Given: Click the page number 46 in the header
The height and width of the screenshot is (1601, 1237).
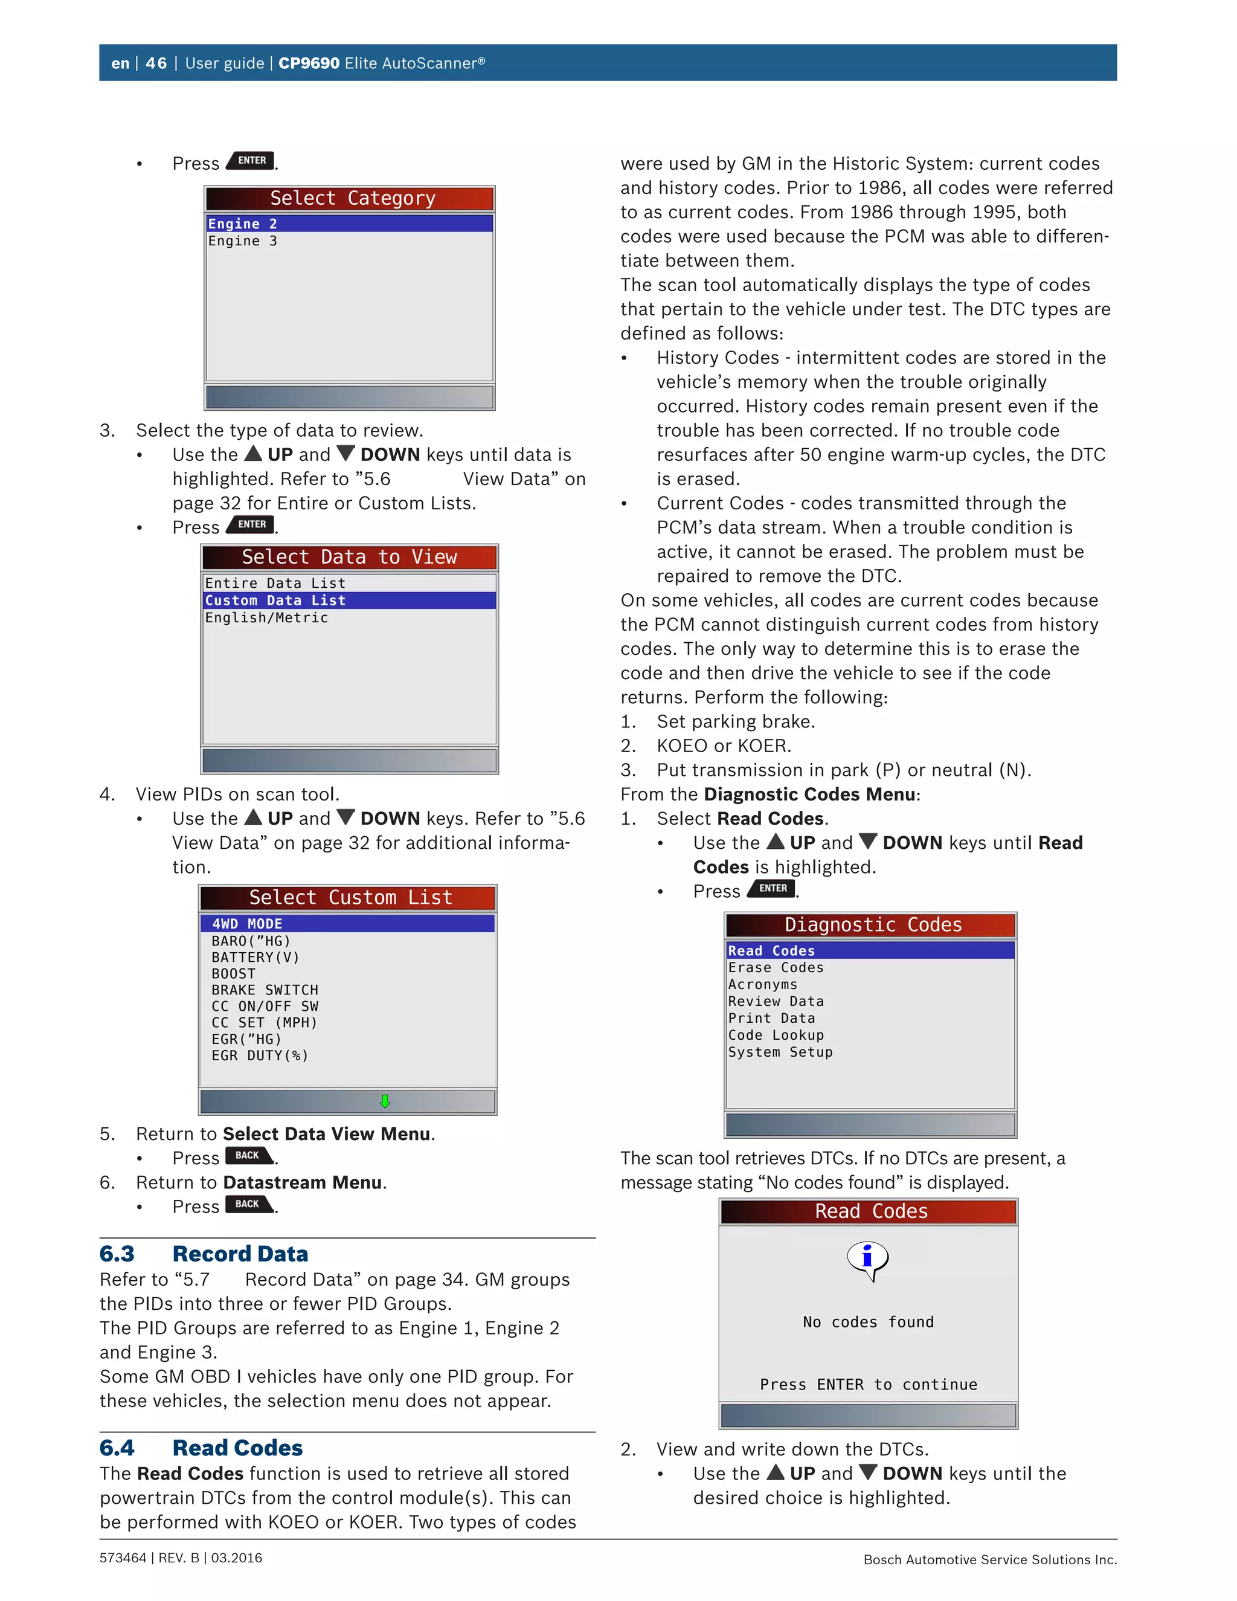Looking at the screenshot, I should tap(156, 63).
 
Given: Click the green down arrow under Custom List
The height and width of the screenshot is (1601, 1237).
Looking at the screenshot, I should tap(385, 1101).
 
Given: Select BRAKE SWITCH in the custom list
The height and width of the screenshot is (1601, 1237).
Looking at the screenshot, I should tap(265, 990).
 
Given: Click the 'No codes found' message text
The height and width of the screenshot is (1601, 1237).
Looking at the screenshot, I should tap(869, 1322).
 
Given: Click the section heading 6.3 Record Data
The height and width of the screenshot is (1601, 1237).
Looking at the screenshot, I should tap(204, 1254).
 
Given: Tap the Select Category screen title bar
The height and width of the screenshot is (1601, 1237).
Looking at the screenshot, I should tap(350, 199).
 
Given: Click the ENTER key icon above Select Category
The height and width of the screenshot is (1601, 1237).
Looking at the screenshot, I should tap(251, 161).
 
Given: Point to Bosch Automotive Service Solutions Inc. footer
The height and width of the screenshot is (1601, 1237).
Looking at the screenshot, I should tap(989, 1559).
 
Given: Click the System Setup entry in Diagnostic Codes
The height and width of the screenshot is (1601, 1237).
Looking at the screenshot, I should tap(780, 1052).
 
